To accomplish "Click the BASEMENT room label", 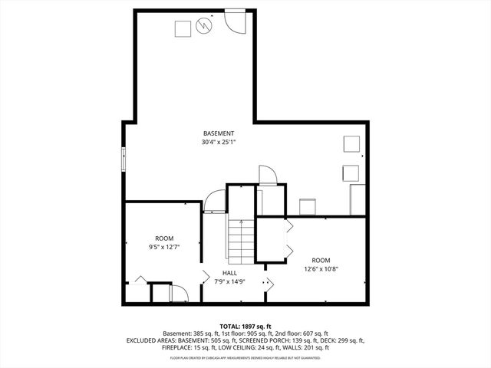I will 219,133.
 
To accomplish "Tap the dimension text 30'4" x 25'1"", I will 219,142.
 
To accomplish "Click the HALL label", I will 229,273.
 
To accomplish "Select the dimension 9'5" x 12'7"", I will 164,246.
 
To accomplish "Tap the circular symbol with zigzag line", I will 204,28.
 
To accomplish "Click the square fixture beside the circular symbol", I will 183,28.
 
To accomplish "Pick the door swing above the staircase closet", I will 267,176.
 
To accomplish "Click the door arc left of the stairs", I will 215,201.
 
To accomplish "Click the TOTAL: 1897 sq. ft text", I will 245,326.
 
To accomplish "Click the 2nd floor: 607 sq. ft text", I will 303,333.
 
